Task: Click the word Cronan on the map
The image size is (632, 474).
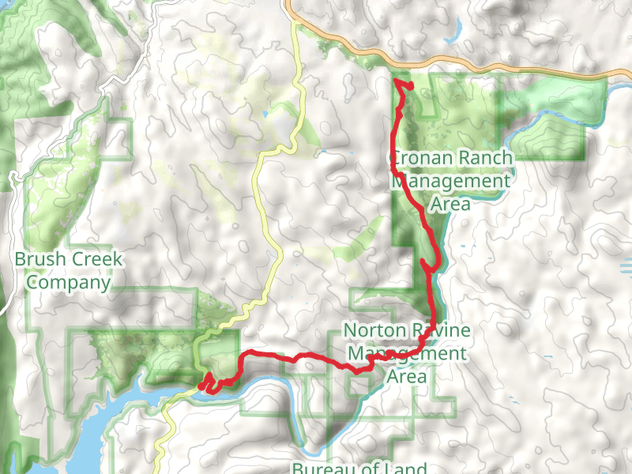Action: click(x=421, y=158)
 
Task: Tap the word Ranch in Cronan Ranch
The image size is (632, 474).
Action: click(x=483, y=158)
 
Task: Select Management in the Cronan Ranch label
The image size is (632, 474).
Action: click(x=451, y=182)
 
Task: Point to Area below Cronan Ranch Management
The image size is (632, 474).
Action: click(x=451, y=205)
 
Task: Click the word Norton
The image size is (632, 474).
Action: click(x=374, y=330)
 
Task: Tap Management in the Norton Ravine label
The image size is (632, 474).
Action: click(x=407, y=353)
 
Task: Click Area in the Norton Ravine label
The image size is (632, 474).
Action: click(x=407, y=376)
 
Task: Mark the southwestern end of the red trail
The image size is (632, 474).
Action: click(x=203, y=386)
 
